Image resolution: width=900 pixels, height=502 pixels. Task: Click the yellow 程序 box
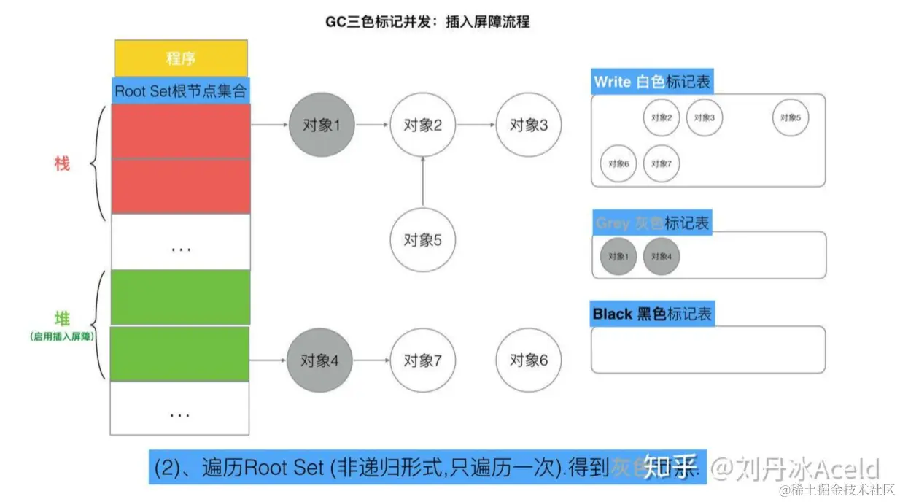pyautogui.click(x=181, y=58)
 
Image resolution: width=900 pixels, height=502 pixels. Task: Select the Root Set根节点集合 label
pyautogui.click(x=181, y=91)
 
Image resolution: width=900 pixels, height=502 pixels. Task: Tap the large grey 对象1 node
pyautogui.click(x=321, y=125)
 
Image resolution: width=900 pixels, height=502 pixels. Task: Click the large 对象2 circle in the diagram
pyautogui.click(x=423, y=125)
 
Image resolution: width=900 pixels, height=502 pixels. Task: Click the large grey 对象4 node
pyautogui.click(x=321, y=360)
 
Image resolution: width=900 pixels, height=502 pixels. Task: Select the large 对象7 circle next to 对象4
pyautogui.click(x=423, y=360)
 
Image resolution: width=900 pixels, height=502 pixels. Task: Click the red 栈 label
pyautogui.click(x=62, y=163)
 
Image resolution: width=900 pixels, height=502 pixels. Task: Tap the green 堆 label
pyautogui.click(x=62, y=318)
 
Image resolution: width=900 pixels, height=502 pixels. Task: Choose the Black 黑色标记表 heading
pyautogui.click(x=651, y=314)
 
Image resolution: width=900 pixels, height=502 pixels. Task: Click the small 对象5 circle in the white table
pyautogui.click(x=791, y=117)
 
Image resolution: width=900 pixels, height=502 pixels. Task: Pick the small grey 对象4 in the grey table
pyautogui.click(x=662, y=257)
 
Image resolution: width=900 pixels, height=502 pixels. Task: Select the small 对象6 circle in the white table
pyautogui.click(x=618, y=163)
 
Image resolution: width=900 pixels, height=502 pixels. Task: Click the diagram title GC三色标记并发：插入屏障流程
pyautogui.click(x=427, y=22)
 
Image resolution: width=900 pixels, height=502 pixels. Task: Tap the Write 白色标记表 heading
pyautogui.click(x=651, y=82)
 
